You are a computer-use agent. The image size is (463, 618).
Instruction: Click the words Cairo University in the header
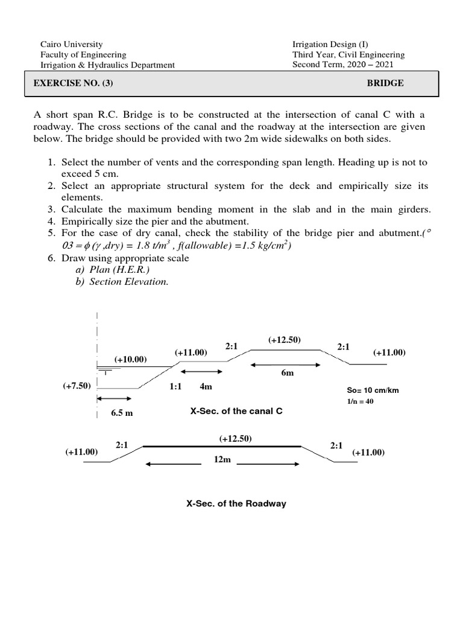click(x=71, y=44)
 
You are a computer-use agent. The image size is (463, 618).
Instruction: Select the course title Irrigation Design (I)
click(x=329, y=44)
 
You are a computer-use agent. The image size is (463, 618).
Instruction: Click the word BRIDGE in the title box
click(x=386, y=83)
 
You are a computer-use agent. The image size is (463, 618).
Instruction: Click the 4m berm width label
click(x=205, y=386)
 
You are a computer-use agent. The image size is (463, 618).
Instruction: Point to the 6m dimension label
click(x=287, y=374)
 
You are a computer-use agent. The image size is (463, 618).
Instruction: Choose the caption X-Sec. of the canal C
click(x=236, y=412)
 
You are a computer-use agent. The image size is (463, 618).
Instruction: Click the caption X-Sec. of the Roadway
click(x=236, y=503)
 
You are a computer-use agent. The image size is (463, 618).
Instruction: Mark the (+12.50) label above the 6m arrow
click(x=285, y=340)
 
